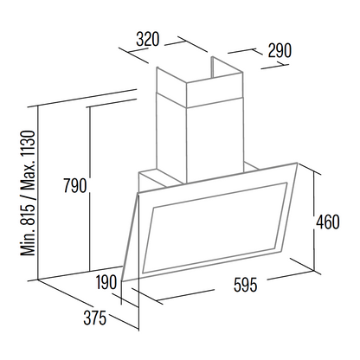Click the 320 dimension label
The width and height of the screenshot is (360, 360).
147,40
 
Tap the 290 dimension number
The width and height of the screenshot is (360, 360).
280,51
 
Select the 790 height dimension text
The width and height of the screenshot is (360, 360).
75,185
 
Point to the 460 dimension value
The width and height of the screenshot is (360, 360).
328,222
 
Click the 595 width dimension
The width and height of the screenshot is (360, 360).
245,285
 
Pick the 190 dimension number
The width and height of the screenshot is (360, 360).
106,282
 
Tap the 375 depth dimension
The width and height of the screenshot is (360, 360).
95,318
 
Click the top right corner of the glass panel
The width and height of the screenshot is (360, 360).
297,164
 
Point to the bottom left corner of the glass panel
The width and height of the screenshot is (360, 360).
122,280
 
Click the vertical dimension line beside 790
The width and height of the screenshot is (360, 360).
90,189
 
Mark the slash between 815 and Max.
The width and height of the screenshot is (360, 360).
28,196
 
